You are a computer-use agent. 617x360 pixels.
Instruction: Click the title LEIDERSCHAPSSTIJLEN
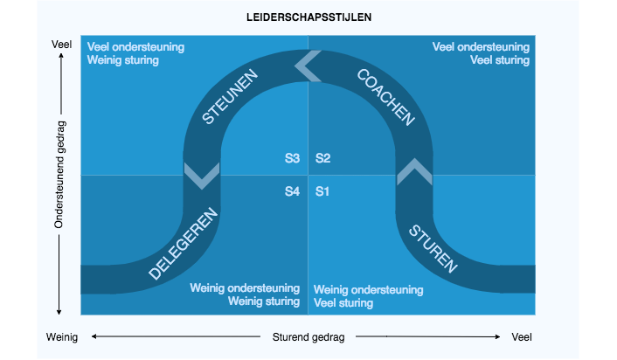pyautogui.click(x=308, y=18)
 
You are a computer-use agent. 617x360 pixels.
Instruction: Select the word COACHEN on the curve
pyautogui.click(x=385, y=98)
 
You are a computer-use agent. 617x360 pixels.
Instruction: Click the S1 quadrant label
pyautogui.click(x=323, y=190)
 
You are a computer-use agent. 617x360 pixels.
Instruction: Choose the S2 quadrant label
pyautogui.click(x=323, y=158)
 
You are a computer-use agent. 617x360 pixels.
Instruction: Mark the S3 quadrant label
pyautogui.click(x=293, y=158)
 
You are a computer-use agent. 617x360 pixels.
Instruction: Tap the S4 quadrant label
pyautogui.click(x=293, y=190)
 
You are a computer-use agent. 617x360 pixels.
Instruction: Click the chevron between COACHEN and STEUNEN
pyautogui.click(x=308, y=65)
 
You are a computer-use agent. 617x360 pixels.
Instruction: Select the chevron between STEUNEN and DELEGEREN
pyautogui.click(x=202, y=174)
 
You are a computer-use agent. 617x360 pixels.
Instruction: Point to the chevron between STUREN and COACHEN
pyautogui.click(x=414, y=171)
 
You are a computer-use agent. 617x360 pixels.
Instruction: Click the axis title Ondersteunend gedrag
pyautogui.click(x=59, y=175)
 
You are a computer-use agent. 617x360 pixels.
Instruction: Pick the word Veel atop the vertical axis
pyautogui.click(x=61, y=45)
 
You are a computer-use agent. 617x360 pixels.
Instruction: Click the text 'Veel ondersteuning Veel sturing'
pyautogui.click(x=481, y=53)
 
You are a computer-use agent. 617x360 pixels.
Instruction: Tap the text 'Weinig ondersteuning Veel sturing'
pyautogui.click(x=368, y=296)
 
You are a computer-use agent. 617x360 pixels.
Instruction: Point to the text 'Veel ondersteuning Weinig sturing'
pyautogui.click(x=135, y=53)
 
